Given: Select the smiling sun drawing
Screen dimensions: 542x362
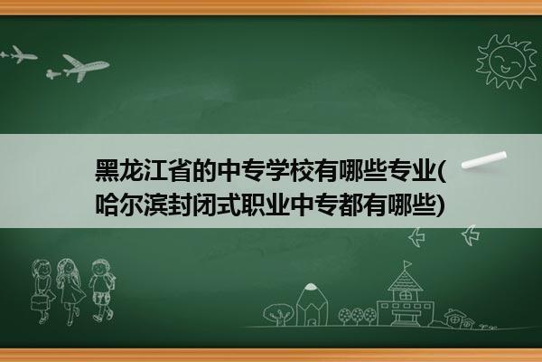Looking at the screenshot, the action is (506, 62).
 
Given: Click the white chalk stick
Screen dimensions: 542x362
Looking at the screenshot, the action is (483, 160).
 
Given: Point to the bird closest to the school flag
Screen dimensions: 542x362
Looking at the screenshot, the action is (416, 237).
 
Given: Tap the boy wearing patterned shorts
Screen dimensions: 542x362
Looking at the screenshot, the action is (102, 291).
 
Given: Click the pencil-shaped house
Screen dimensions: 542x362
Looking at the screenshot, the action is (312, 305).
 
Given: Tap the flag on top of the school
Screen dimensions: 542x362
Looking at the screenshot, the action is (408, 264).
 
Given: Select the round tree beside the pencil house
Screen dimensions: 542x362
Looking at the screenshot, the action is (277, 314).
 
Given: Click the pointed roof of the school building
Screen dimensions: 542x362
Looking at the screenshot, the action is (405, 281).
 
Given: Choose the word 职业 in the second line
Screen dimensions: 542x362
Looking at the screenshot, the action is (265, 205).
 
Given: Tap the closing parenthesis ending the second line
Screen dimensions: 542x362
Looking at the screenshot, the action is (441, 205).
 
